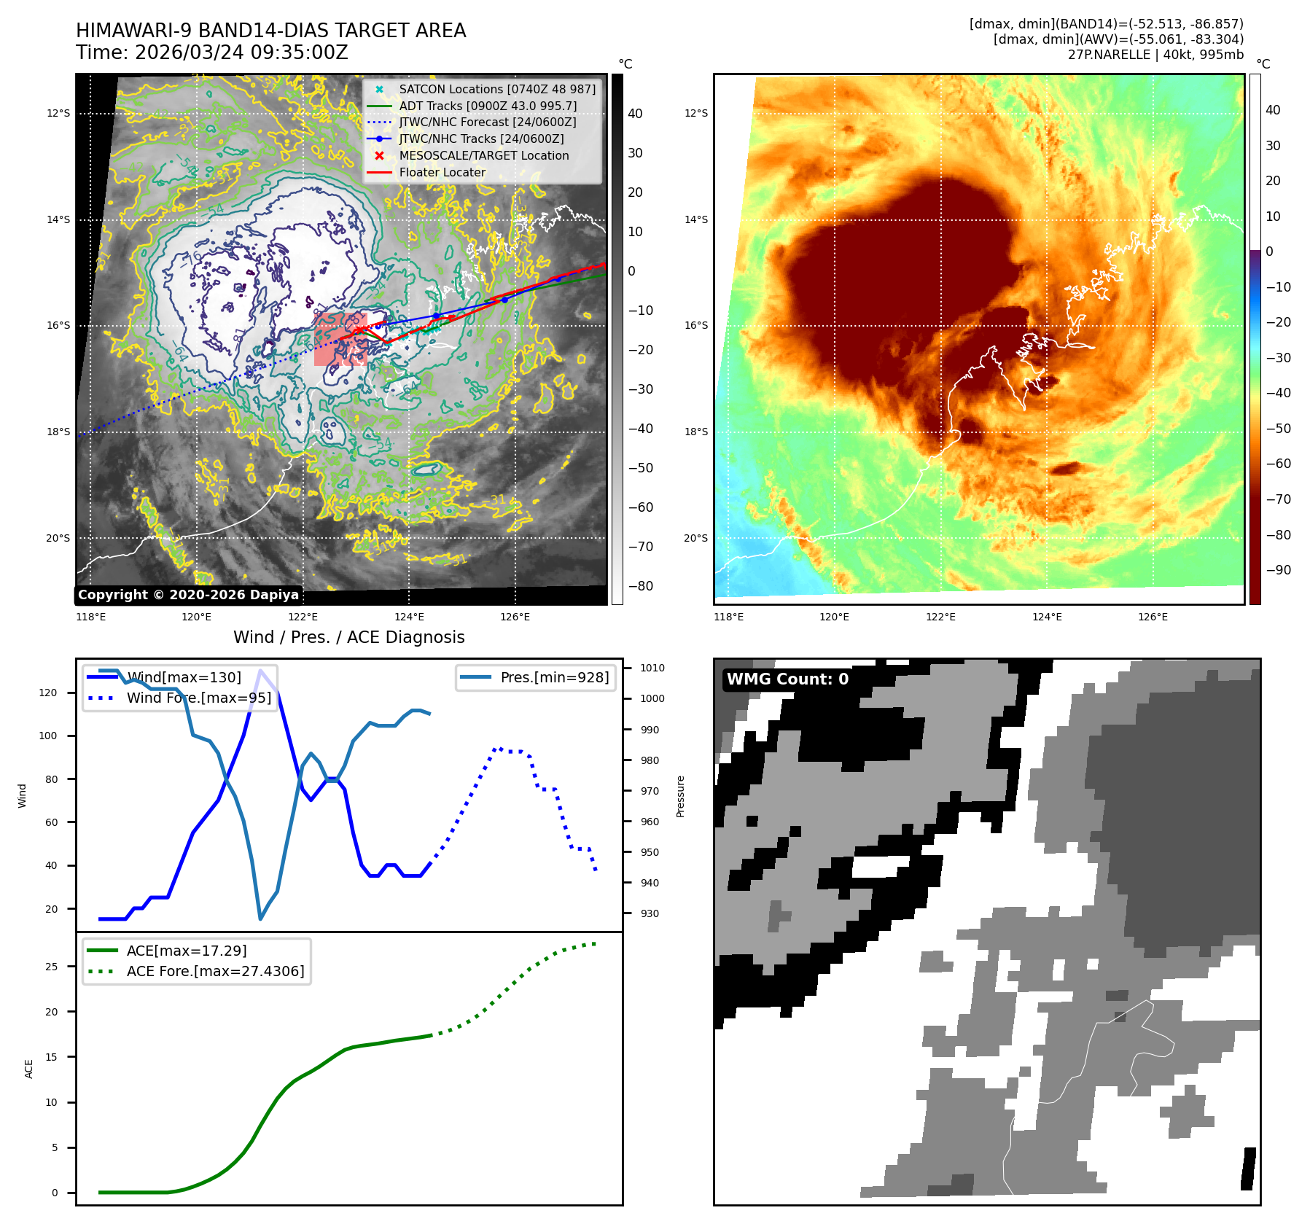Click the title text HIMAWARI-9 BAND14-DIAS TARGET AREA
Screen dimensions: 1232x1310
(x=270, y=31)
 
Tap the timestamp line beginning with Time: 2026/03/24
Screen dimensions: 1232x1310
(x=211, y=52)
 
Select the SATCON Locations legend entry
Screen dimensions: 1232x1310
(x=496, y=89)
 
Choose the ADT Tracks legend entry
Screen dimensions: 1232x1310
(x=487, y=106)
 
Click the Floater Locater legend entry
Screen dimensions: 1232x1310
(x=442, y=172)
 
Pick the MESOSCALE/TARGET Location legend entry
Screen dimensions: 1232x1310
(x=483, y=155)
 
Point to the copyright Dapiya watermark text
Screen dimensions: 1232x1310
(x=188, y=595)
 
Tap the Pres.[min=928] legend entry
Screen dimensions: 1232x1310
(x=554, y=677)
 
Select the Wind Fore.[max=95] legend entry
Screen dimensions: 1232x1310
(x=198, y=698)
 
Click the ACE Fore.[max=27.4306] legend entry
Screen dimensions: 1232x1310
(x=215, y=971)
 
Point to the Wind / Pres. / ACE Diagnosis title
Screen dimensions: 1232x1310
(x=348, y=637)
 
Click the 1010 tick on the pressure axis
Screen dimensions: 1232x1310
(x=652, y=668)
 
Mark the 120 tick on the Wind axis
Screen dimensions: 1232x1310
(x=48, y=693)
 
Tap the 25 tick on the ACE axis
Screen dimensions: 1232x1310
(x=52, y=967)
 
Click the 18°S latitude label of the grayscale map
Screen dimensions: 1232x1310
(x=58, y=432)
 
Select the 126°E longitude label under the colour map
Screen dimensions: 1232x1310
(x=1153, y=617)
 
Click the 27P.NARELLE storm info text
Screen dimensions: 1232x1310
(x=1155, y=55)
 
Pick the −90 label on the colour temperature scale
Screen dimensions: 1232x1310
(x=1278, y=570)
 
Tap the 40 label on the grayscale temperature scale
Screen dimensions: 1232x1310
(x=635, y=114)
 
